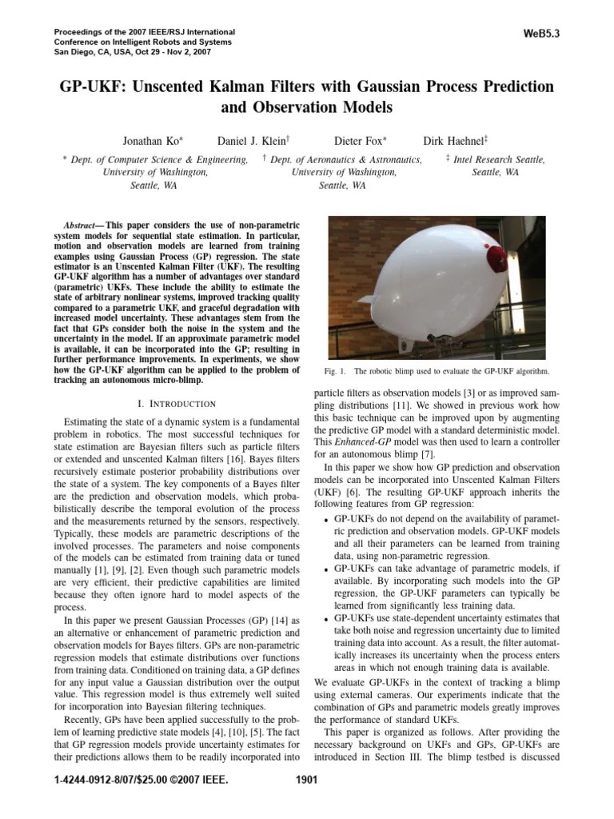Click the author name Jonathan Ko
click(x=152, y=141)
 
